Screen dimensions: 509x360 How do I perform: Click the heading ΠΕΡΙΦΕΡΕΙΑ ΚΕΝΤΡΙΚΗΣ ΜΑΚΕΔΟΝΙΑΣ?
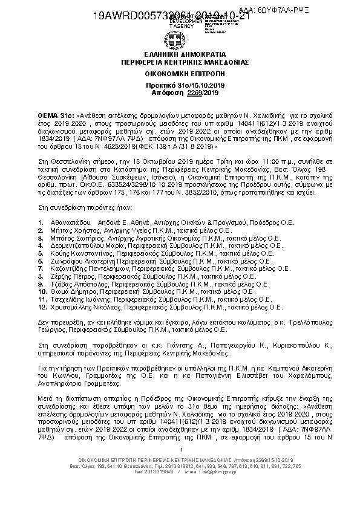180,62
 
